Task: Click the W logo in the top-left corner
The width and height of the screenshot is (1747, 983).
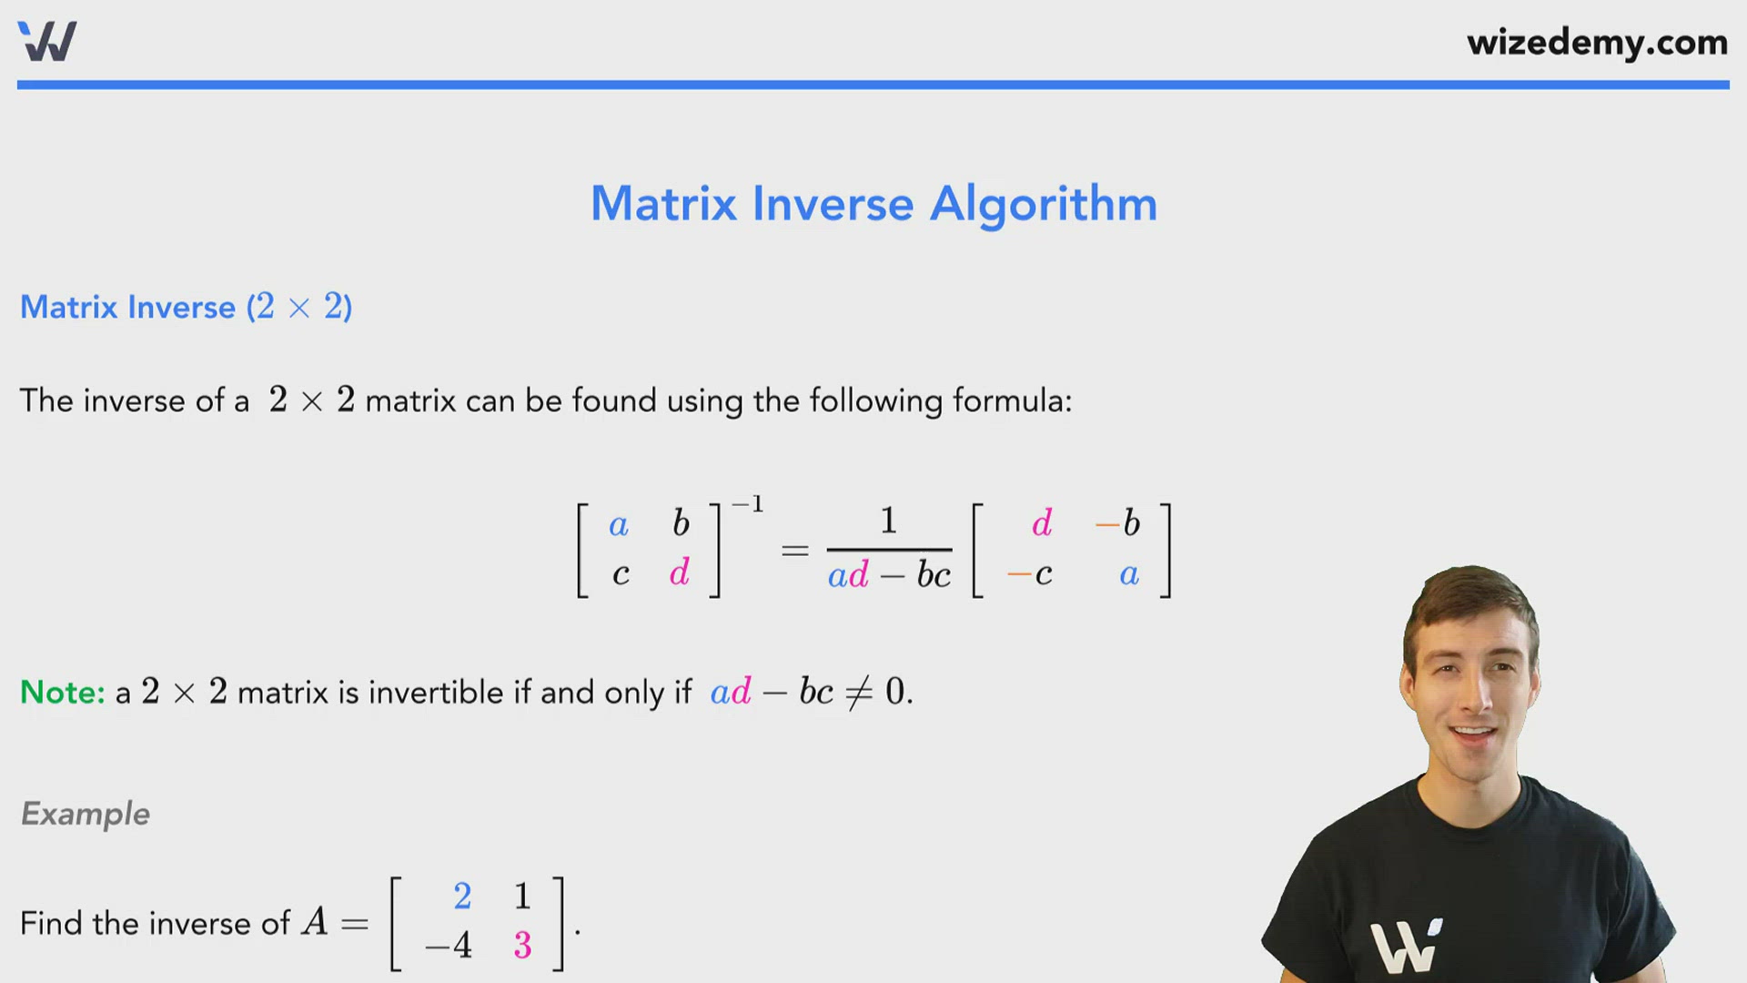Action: pos(47,41)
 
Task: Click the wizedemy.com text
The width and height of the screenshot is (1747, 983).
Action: pos(1597,43)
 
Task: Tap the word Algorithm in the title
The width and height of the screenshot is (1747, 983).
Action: pos(1043,204)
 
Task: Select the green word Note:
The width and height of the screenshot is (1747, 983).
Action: pos(63,693)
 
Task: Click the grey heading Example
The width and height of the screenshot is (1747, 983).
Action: pos(86,814)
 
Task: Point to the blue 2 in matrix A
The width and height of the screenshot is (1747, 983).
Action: pos(462,897)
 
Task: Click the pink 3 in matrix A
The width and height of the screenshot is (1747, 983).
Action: pos(522,946)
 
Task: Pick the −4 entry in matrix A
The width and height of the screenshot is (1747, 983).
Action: pos(449,946)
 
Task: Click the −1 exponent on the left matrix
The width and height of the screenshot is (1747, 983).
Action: pos(748,504)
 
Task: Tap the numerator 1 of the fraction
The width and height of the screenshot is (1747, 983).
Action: pos(889,521)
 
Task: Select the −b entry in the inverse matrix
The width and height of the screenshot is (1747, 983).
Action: pos(1118,523)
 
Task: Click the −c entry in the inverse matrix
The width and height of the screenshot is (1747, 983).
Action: pos(1030,574)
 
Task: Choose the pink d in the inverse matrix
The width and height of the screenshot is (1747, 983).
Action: pos(1042,523)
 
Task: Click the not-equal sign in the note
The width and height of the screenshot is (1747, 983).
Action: pos(859,693)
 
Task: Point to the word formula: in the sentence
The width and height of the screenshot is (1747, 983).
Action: pos(1013,401)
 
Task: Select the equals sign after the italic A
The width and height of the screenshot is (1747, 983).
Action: pos(355,925)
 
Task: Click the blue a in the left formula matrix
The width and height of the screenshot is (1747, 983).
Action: pos(619,525)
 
